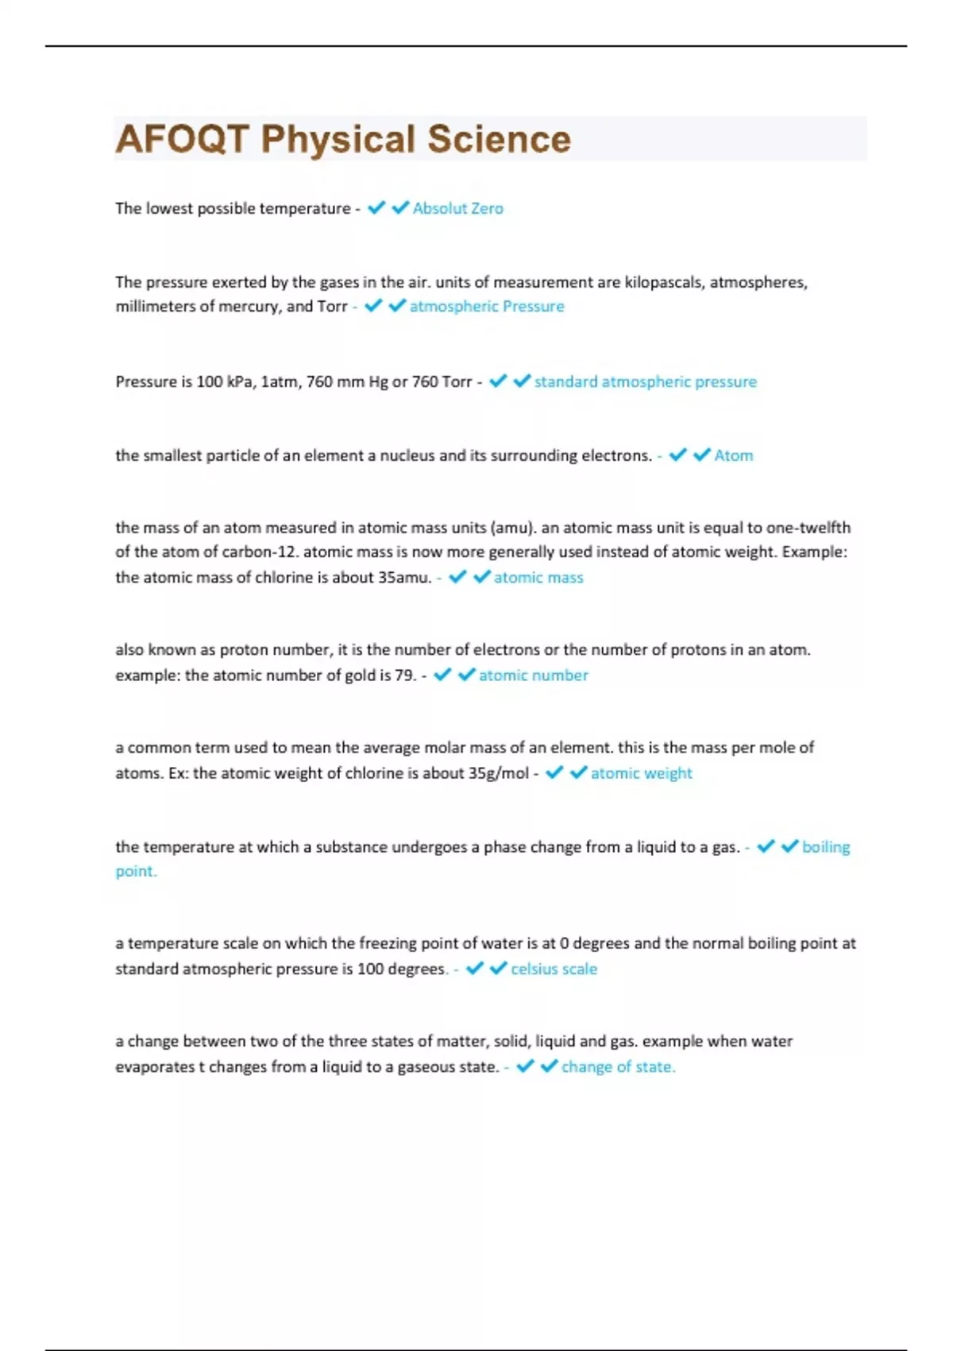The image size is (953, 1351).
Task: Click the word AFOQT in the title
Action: tap(183, 139)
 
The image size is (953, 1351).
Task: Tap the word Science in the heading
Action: tap(499, 139)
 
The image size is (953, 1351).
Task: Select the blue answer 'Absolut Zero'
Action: tap(457, 208)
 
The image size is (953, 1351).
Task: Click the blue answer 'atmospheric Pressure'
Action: tap(487, 307)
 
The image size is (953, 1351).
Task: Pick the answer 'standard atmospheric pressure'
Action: tap(645, 382)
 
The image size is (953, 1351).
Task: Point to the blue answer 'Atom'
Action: tap(733, 456)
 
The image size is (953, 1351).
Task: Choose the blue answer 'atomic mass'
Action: tap(538, 578)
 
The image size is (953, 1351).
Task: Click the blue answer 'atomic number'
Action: tap(533, 675)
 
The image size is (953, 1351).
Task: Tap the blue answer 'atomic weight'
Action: tap(641, 773)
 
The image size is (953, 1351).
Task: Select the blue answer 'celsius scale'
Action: tap(554, 970)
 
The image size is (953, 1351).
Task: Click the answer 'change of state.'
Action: tap(618, 1067)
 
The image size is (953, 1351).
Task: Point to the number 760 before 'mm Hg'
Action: tap(319, 382)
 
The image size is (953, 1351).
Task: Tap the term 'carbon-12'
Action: tap(260, 552)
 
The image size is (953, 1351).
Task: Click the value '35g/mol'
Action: tap(498, 773)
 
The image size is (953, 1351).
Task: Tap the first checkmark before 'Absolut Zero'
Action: tap(376, 208)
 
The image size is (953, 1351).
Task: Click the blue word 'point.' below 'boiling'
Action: tap(136, 872)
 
